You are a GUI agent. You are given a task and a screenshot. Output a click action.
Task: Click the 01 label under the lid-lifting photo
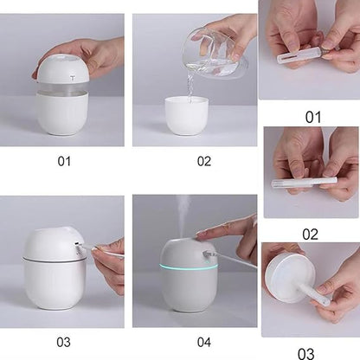pyautogui.click(x=64, y=161)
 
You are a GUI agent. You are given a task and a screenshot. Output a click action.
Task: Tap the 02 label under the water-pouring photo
pyautogui.click(x=204, y=161)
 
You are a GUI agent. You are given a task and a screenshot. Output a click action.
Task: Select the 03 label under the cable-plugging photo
pyautogui.click(x=63, y=342)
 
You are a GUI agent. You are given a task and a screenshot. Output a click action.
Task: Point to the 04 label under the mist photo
pyautogui.click(x=204, y=342)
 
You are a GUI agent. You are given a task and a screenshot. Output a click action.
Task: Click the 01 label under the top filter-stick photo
pyautogui.click(x=313, y=118)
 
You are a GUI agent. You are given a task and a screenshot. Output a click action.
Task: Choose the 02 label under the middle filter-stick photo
pyautogui.click(x=311, y=235)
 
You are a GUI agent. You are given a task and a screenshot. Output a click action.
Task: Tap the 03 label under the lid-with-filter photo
pyautogui.click(x=306, y=354)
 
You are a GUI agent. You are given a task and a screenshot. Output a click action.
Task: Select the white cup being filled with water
pyautogui.click(x=187, y=115)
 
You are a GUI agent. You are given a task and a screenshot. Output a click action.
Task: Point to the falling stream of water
pyautogui.click(x=190, y=86)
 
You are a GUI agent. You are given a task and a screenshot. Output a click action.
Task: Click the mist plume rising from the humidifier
pyautogui.click(x=183, y=216)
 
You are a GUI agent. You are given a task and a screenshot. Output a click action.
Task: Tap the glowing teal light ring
pyautogui.click(x=188, y=267)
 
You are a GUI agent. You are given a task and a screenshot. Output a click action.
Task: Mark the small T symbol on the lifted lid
pyautogui.click(x=72, y=78)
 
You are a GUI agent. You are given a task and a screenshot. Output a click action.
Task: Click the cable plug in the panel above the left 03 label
pyautogui.click(x=79, y=248)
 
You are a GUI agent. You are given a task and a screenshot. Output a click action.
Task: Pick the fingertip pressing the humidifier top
pyautogui.click(x=200, y=235)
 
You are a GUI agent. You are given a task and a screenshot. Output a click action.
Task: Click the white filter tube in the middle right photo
pyautogui.click(x=305, y=183)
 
